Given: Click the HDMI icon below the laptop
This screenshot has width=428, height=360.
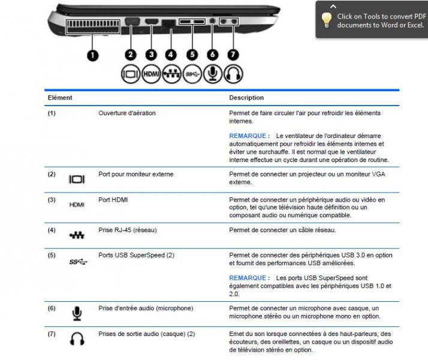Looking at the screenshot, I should click(x=152, y=73).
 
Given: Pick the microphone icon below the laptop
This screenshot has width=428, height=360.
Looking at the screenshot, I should click(x=213, y=73).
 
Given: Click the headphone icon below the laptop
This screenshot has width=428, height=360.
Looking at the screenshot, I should click(x=233, y=73).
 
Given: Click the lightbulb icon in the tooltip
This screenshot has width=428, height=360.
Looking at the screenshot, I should click(x=327, y=20).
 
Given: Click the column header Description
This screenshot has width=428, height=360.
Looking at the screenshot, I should click(x=246, y=98).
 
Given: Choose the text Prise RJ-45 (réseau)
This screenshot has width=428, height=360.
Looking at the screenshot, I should click(x=128, y=230).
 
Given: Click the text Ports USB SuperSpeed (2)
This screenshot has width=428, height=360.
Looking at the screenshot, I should click(x=136, y=255).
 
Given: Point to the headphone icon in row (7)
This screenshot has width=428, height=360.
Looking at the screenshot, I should click(x=77, y=340).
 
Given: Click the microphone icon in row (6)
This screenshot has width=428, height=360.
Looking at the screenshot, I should click(x=77, y=313).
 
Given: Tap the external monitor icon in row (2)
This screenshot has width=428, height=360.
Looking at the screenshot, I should click(x=77, y=179).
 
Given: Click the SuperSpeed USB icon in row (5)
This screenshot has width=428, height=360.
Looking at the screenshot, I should click(x=77, y=261).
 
